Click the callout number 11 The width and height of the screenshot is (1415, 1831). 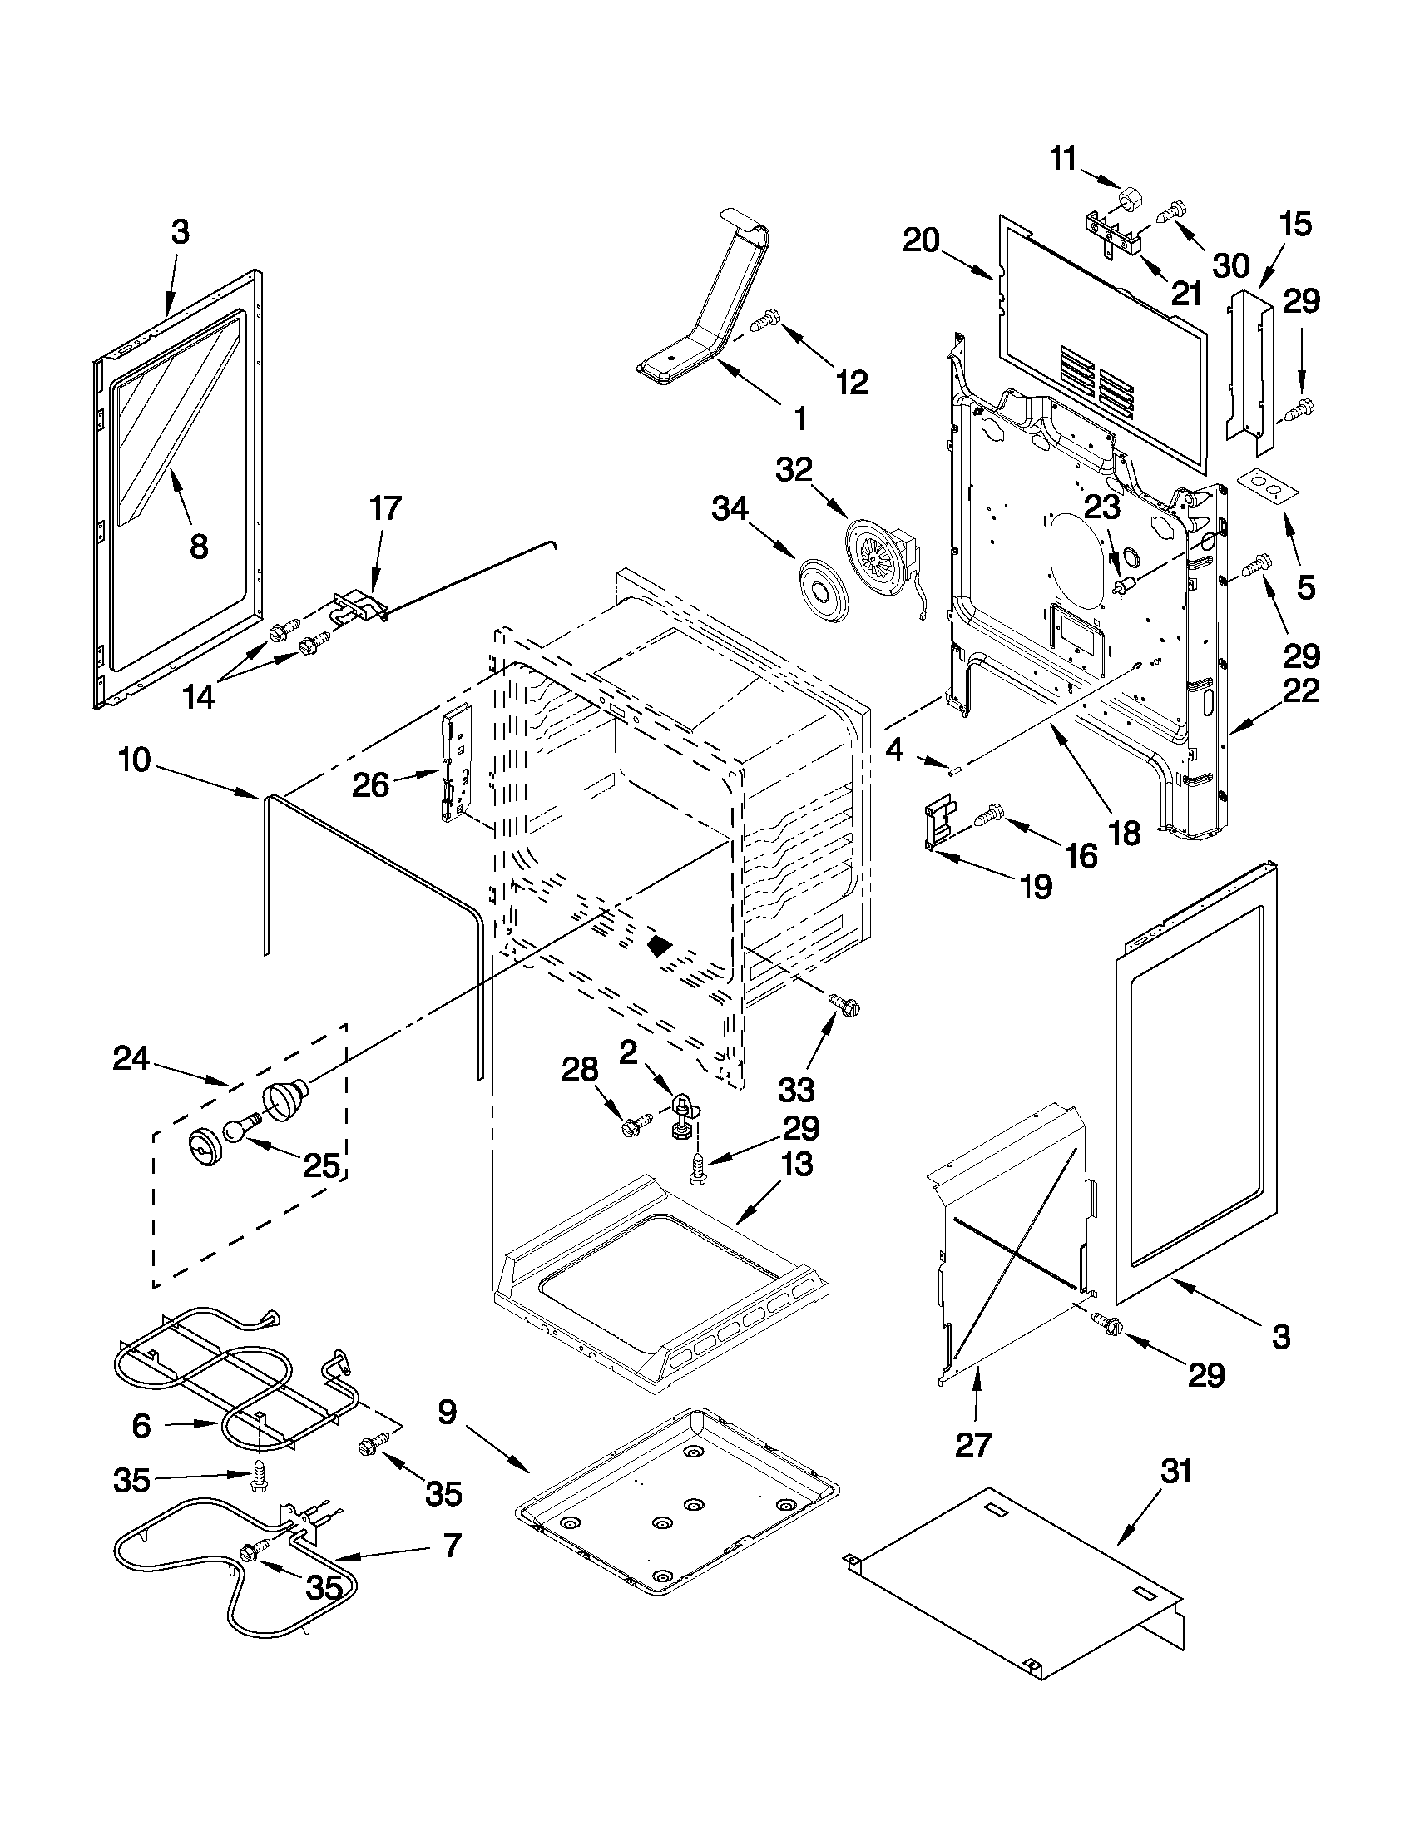(1063, 158)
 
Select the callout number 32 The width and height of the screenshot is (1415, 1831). (793, 470)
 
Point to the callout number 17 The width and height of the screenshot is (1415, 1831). (385, 508)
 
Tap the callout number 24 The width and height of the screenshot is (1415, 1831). (131, 1060)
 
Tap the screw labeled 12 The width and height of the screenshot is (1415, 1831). (767, 320)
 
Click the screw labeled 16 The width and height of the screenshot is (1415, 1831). (988, 814)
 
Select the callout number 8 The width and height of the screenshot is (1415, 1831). (198, 547)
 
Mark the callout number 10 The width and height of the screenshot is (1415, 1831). (134, 760)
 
